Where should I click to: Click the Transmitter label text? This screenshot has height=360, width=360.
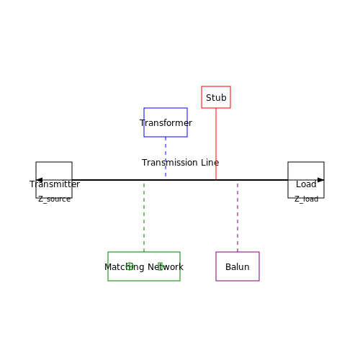coord(55,184)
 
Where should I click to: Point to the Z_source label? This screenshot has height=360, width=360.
coord(54,199)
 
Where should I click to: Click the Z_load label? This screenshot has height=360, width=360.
coord(307,199)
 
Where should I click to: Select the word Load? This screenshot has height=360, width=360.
coord(306,184)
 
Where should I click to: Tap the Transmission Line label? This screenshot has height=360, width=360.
coord(180,163)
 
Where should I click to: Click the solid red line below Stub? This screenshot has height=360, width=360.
coord(216,144)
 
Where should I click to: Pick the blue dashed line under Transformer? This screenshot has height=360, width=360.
coord(166,156)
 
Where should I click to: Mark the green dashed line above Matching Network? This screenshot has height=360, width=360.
coord(144,217)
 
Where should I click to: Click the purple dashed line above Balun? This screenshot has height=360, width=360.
coord(238,217)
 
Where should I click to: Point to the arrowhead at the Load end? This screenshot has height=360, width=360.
coord(321,180)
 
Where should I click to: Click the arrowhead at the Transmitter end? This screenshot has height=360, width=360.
coord(39,180)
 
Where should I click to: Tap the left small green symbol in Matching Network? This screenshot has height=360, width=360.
coord(130,266)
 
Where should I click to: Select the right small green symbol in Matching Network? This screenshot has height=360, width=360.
coord(160,266)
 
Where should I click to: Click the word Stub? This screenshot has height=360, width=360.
coord(216,98)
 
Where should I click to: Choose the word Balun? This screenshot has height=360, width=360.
coord(238,267)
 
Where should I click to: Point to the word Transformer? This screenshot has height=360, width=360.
coord(166,123)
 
